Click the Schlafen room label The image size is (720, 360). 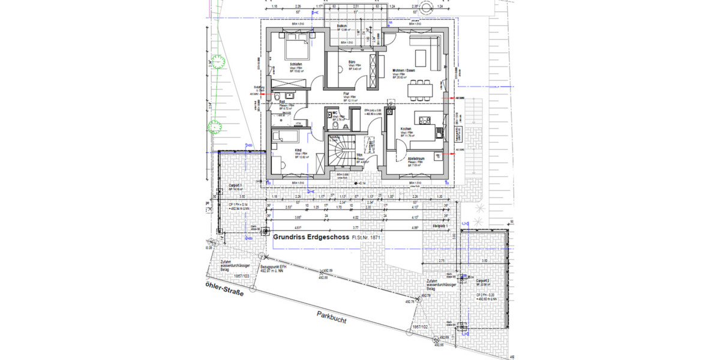[295, 64]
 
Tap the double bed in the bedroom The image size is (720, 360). [296, 44]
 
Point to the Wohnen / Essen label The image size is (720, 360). [404, 70]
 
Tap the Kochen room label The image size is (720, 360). [406, 129]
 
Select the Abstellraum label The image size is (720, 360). [416, 158]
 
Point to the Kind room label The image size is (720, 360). [298, 151]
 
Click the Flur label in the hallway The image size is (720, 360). [346, 94]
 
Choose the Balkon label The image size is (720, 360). [343, 26]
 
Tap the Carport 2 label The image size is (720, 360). [484, 281]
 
